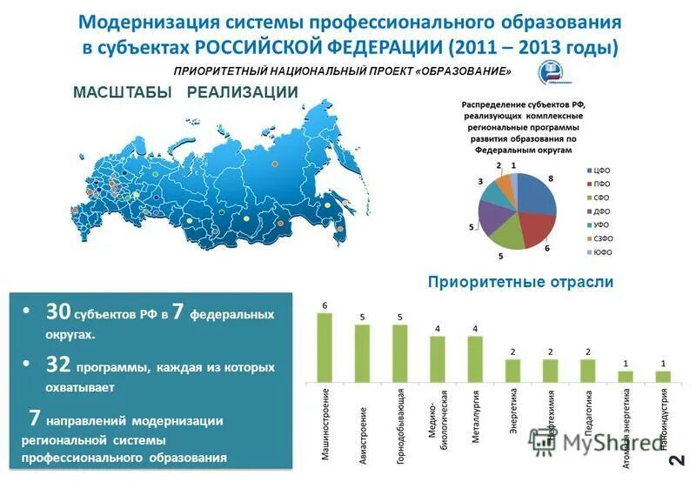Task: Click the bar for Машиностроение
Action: tap(325, 348)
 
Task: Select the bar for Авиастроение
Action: tap(362, 353)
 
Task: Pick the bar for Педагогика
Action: tap(588, 371)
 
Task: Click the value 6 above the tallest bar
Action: tap(325, 306)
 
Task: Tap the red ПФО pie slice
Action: tap(537, 228)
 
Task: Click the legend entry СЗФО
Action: tap(604, 237)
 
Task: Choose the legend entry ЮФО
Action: tap(603, 253)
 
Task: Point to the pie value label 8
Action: tap(551, 177)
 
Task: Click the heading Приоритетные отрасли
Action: tap(520, 282)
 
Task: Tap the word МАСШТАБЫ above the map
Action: tap(121, 92)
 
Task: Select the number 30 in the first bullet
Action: tap(58, 311)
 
